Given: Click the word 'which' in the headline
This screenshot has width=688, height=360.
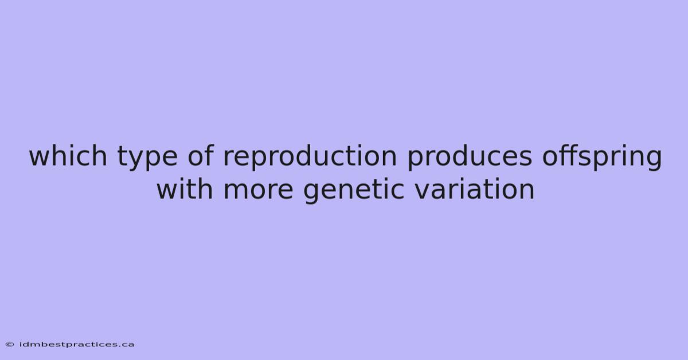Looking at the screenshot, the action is tap(68, 155).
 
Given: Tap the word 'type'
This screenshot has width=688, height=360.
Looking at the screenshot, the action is tap(147, 158).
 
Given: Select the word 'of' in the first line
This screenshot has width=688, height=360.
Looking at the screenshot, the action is tap(201, 155).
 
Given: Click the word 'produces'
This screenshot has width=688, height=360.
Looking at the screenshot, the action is tap(470, 157).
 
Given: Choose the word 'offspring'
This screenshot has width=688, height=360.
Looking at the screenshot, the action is tap(602, 157).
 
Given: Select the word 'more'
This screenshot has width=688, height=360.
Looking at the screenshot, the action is tap(258, 191).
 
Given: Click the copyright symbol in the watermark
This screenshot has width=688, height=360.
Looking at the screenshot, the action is tap(10, 345).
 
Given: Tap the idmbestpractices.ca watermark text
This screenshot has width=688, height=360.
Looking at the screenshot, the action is tap(76, 345).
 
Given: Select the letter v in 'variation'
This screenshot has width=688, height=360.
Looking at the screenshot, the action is tap(423, 191).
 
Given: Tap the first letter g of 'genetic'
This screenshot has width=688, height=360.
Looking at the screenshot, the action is tap(312, 194).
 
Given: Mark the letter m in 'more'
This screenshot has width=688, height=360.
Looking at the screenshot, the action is tap(236, 191).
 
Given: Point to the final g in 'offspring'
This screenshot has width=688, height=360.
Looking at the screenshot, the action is tap(654, 160).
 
